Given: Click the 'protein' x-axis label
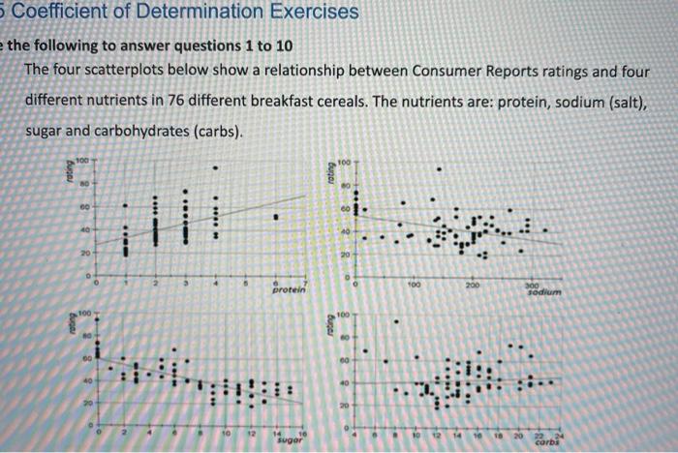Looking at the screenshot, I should point(289,289).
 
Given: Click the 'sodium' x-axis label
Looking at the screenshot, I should point(547,291).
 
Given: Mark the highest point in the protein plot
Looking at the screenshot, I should point(216,167).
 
